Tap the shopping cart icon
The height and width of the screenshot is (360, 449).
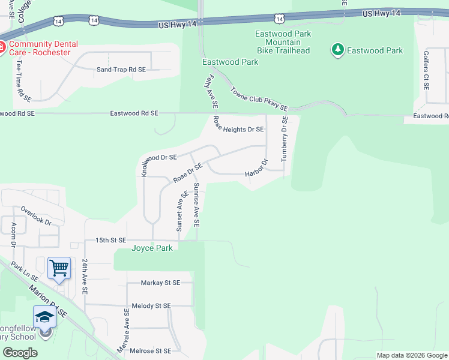click(x=59, y=268)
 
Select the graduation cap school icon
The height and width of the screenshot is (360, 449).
click(x=44, y=316)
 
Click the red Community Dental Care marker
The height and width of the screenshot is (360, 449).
click(x=2, y=47)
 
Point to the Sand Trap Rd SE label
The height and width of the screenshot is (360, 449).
click(x=121, y=70)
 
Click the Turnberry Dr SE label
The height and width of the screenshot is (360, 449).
click(x=285, y=139)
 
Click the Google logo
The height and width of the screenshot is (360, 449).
click(x=20, y=353)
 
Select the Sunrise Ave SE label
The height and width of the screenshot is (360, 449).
click(x=196, y=205)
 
